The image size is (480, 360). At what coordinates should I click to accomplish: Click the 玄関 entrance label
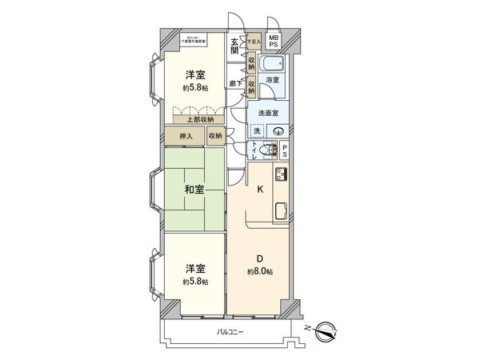click(235, 46)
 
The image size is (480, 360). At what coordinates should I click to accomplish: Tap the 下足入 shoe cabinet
click(254, 41)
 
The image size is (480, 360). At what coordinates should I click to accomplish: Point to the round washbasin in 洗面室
click(278, 132)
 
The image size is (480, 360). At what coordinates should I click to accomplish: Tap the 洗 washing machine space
click(256, 131)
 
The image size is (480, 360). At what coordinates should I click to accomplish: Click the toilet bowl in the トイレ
click(274, 150)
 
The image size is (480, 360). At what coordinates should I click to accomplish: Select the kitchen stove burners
click(282, 176)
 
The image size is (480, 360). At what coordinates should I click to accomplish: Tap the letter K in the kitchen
click(259, 190)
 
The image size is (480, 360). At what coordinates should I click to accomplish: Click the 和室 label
click(194, 190)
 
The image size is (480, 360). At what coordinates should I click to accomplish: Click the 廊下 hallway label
click(235, 82)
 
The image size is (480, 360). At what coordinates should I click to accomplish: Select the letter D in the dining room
click(260, 257)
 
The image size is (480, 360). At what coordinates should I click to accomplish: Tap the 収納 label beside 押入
click(215, 137)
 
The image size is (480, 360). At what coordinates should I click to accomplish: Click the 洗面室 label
click(266, 114)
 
